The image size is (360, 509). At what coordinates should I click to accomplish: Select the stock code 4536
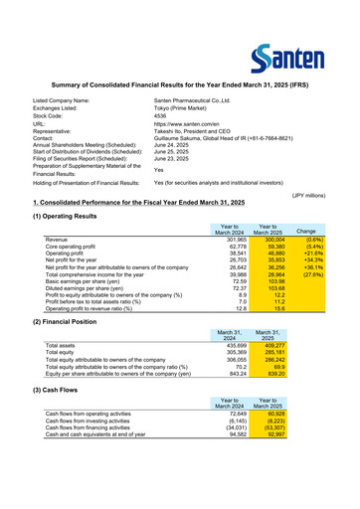(161, 115)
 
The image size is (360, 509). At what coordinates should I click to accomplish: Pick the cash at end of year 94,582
(232, 433)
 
